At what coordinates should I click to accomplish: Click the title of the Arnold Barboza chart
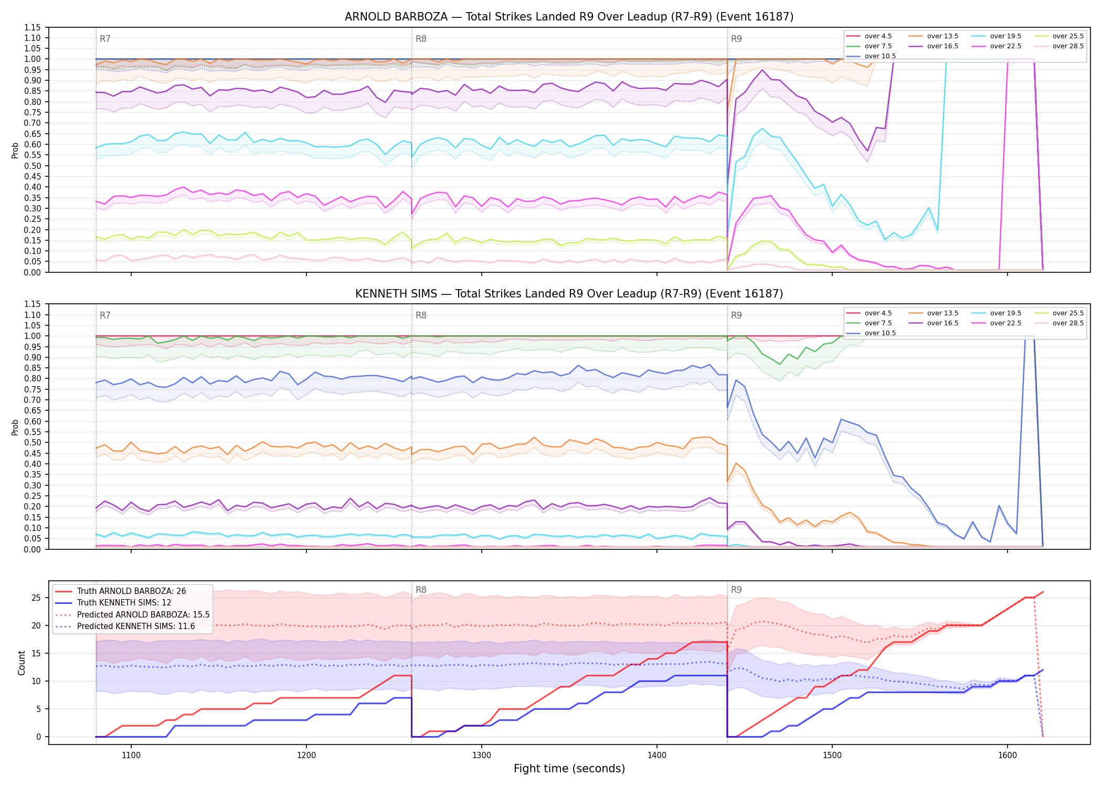(569, 17)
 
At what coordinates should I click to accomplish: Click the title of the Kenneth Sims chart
(569, 294)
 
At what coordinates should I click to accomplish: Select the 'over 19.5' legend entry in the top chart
(997, 36)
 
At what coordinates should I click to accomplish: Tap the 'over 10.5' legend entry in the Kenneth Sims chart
(871, 333)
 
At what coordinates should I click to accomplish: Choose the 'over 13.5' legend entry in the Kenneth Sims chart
(934, 313)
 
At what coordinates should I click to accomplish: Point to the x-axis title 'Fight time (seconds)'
(569, 769)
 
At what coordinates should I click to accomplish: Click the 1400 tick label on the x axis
(657, 756)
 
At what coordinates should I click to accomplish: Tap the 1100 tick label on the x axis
(131, 756)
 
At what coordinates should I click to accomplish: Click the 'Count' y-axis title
(22, 663)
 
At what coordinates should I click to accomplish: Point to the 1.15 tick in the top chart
(33, 27)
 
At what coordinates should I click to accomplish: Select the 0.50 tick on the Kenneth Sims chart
(33, 443)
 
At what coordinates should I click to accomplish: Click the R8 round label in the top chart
(421, 39)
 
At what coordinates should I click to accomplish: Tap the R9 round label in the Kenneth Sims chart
(736, 315)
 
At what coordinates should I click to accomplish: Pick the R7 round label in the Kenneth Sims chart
(105, 315)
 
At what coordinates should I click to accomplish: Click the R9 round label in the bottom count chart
(736, 590)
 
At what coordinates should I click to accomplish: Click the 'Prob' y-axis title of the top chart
(15, 150)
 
